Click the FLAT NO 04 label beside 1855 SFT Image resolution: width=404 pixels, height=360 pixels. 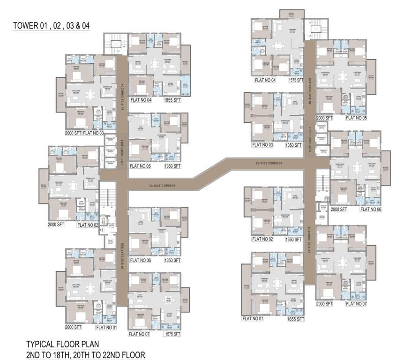(141, 100)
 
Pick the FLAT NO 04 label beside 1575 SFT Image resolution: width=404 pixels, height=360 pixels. (266, 80)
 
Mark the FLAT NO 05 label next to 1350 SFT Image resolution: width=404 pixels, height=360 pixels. (141, 166)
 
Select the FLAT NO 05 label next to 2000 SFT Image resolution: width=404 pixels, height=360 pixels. (357, 118)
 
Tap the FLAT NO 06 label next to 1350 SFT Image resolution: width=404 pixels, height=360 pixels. (141, 260)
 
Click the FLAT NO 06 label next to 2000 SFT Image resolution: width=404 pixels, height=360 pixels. (369, 209)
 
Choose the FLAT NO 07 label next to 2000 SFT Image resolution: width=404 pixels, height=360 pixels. (357, 304)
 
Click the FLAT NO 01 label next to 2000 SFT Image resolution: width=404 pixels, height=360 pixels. (106, 327)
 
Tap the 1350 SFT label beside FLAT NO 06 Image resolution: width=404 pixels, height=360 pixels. (172, 260)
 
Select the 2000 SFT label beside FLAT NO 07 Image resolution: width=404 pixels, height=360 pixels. (324, 304)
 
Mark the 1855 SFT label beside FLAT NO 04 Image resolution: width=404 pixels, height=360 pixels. (172, 100)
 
